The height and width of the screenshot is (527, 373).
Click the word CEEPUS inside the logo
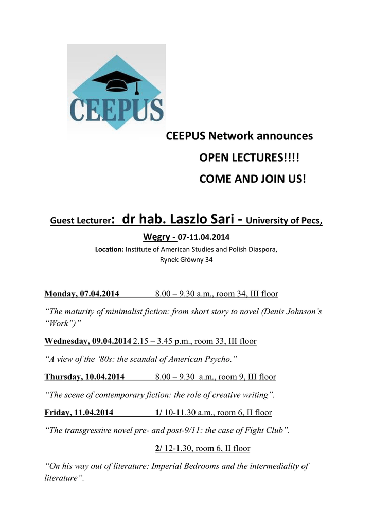click(x=116, y=109)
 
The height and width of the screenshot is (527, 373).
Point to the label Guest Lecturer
click(x=80, y=222)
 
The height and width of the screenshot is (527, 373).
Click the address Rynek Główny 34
click(x=186, y=259)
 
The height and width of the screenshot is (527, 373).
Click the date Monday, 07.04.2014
click(x=82, y=294)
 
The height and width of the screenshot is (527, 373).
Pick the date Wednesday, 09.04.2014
click(x=88, y=341)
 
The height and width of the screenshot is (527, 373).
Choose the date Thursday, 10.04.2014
click(x=84, y=377)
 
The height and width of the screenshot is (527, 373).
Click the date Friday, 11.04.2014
click(x=79, y=413)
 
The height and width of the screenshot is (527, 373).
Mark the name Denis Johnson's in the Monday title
click(x=290, y=312)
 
